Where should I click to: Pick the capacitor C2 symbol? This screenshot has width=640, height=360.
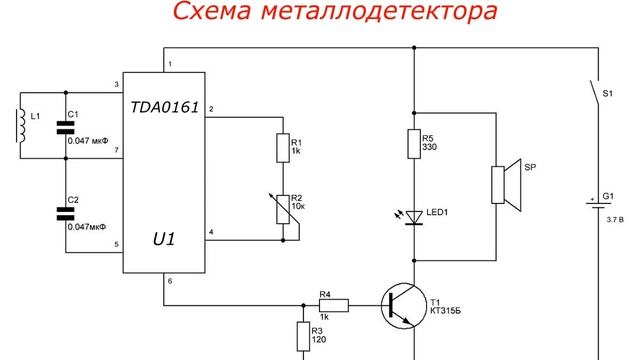[x=66, y=212]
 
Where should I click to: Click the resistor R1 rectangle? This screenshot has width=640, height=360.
[x=284, y=150]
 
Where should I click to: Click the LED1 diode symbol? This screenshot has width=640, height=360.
[x=413, y=215]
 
